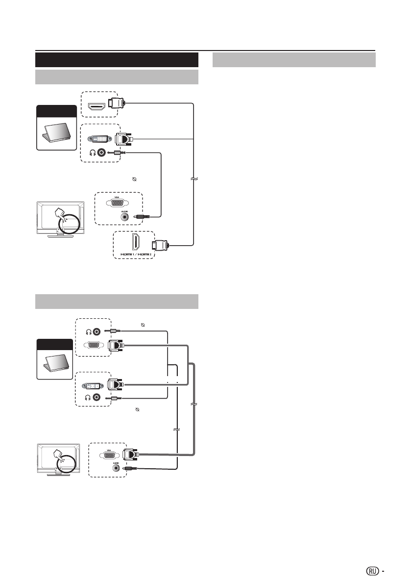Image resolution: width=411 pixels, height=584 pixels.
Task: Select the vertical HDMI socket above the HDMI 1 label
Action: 135,242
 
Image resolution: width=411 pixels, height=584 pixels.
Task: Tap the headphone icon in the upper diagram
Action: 92,152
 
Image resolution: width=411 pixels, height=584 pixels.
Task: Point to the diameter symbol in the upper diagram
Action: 134,179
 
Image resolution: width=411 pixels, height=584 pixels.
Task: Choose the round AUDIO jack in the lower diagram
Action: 116,468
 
